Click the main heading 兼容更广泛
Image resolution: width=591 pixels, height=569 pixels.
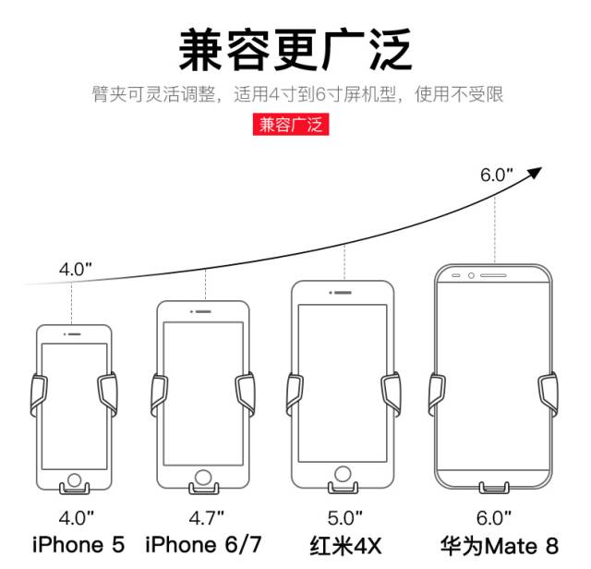pos(295,50)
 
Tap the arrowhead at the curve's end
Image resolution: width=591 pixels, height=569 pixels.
pos(533,172)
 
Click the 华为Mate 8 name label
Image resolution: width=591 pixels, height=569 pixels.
pos(499,545)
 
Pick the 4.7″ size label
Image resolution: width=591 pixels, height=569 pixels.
pos(205,516)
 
